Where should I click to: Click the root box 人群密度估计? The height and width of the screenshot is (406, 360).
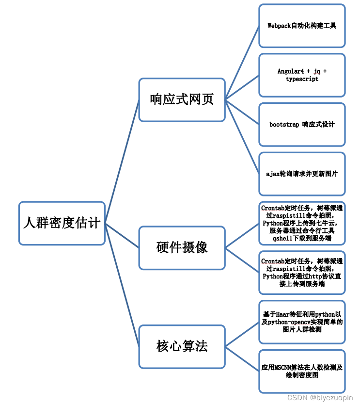(x=62, y=223)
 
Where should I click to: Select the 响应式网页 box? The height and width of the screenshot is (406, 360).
(x=182, y=99)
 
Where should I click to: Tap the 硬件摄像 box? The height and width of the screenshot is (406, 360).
(x=182, y=247)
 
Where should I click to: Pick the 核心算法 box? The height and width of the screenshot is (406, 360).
(x=182, y=346)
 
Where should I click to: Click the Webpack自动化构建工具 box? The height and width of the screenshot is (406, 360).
(x=302, y=26)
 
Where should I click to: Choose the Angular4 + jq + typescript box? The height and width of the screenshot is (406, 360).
(x=302, y=75)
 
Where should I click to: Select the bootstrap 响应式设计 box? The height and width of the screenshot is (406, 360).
(x=302, y=125)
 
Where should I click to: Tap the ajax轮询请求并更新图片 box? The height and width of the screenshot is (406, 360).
(x=302, y=174)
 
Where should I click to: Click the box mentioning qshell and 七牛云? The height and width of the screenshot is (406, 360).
(x=302, y=223)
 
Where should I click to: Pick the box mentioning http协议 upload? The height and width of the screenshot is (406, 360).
(x=302, y=273)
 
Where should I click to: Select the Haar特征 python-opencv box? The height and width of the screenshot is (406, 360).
(x=302, y=322)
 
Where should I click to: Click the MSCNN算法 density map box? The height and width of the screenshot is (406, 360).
(x=302, y=371)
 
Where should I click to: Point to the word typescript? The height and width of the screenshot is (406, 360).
(x=302, y=79)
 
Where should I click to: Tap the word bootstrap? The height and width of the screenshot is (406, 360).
(x=284, y=125)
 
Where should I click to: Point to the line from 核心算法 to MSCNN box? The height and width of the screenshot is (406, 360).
(x=242, y=359)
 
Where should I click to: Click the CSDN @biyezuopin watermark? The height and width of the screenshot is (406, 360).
(x=320, y=398)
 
